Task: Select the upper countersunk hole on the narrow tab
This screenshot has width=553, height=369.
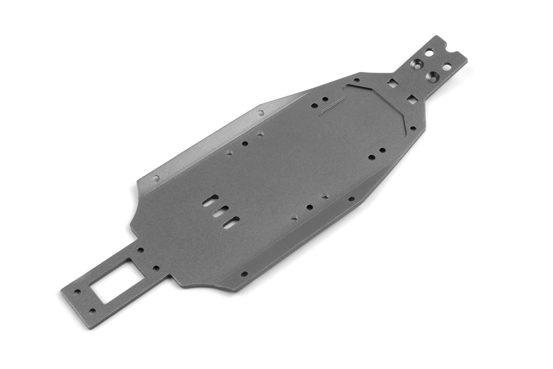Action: [418, 63]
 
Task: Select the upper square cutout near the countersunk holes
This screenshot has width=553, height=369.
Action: [393, 83]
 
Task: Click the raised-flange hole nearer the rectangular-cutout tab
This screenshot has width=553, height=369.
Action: [156, 178]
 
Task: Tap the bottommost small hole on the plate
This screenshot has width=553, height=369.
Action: [92, 311]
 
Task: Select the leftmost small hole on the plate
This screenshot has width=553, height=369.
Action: [77, 292]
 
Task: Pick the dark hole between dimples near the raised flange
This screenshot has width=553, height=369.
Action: [245, 143]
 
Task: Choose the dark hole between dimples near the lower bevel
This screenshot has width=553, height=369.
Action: [310, 207]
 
